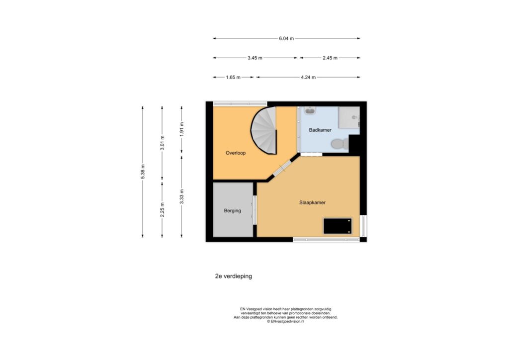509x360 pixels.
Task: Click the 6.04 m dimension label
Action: pyautogui.click(x=286, y=38)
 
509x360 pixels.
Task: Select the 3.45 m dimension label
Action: pyautogui.click(x=255, y=58)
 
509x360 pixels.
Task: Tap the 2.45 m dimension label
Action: pyautogui.click(x=330, y=58)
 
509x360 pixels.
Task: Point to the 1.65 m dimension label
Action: pyautogui.click(x=233, y=77)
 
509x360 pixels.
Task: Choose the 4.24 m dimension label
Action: pyautogui.click(x=308, y=77)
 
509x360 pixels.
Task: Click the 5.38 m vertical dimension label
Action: pyautogui.click(x=143, y=172)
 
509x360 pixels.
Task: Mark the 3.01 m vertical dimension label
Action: pyautogui.click(x=162, y=143)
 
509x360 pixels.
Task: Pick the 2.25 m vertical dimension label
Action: pyautogui.click(x=162, y=210)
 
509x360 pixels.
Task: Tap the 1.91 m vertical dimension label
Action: pyautogui.click(x=181, y=129)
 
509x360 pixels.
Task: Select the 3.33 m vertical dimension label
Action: pyautogui.click(x=181, y=197)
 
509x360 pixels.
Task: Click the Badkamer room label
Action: pyautogui.click(x=320, y=130)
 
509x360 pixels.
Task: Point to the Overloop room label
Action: pyautogui.click(x=236, y=153)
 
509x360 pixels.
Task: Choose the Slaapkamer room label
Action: pyautogui.click(x=312, y=202)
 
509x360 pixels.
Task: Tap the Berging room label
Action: pyautogui.click(x=233, y=211)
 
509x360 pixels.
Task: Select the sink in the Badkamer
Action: pyautogui.click(x=311, y=111)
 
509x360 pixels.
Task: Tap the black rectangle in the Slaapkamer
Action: pyautogui.click(x=338, y=226)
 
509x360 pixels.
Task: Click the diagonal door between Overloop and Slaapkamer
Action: pyautogui.click(x=281, y=169)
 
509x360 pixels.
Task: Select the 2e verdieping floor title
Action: pyautogui.click(x=234, y=276)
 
